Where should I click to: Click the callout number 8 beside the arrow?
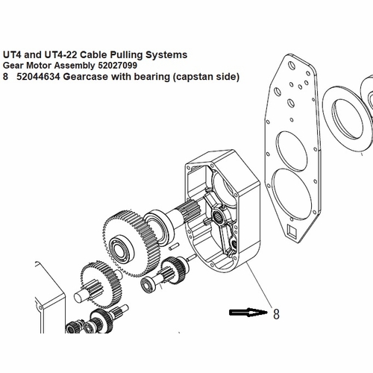[276, 314]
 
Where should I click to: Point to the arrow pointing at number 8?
[247, 313]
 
